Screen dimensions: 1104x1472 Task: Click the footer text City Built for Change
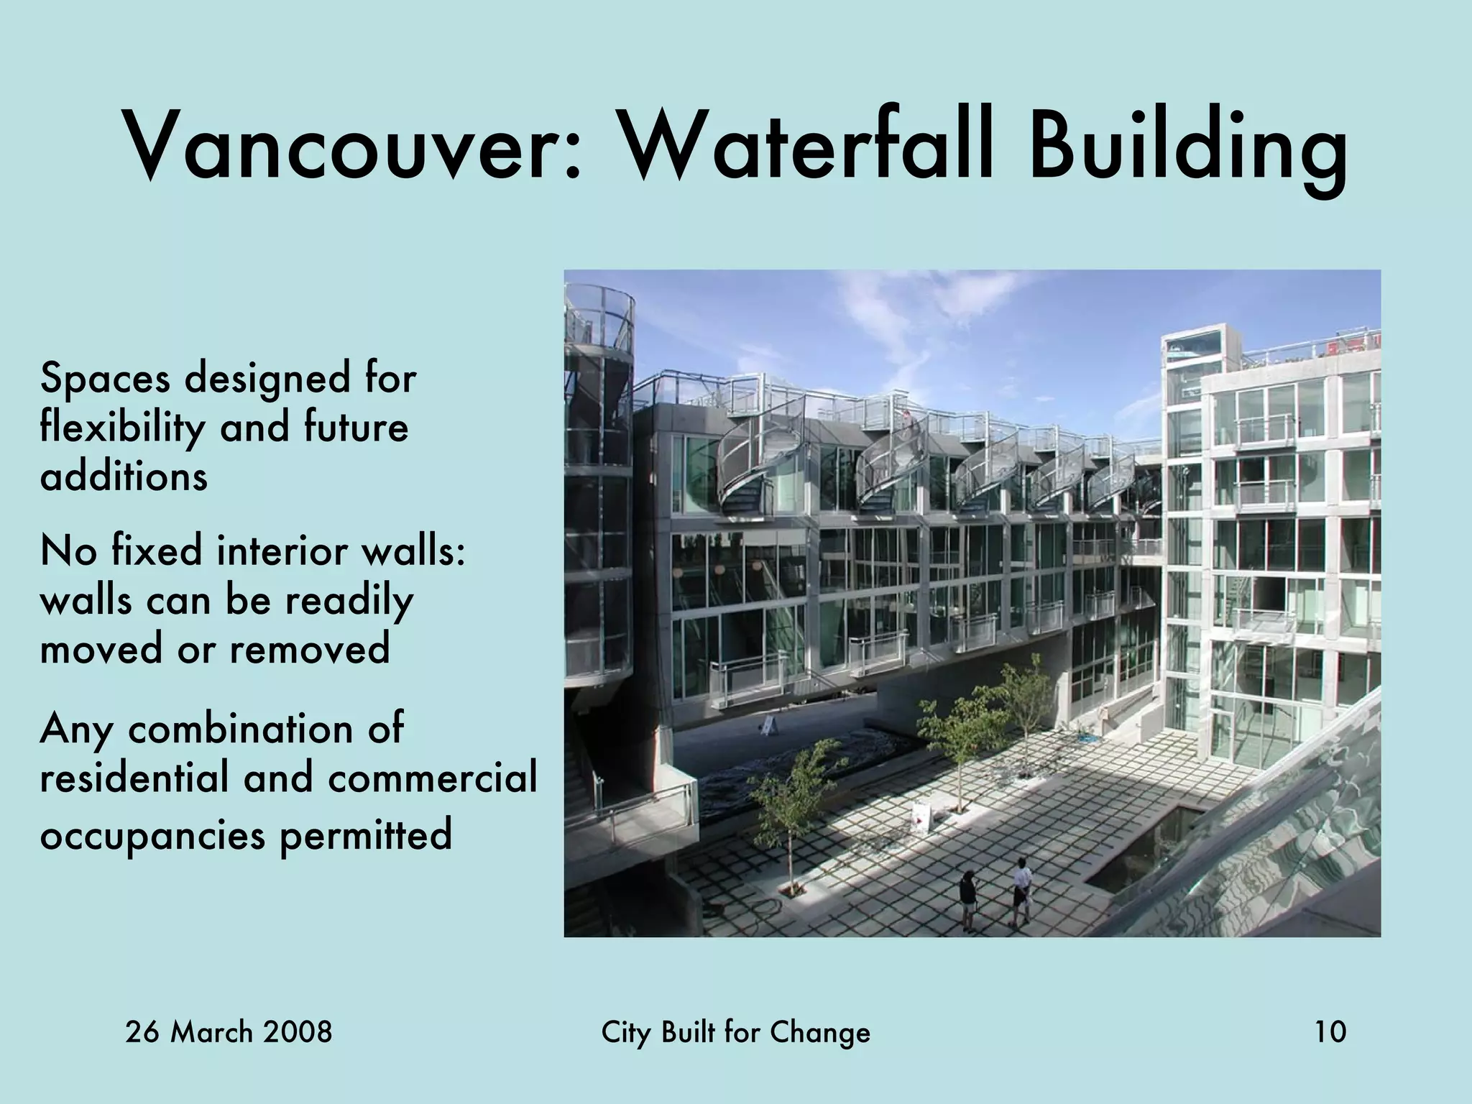(735, 1033)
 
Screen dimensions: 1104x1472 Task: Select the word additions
(124, 476)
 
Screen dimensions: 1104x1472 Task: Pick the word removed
(310, 648)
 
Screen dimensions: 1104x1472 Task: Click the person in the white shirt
(1021, 891)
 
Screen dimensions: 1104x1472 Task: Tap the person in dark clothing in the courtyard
(968, 898)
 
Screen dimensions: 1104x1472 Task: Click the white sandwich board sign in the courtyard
(921, 816)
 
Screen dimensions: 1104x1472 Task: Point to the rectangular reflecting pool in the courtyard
(1150, 848)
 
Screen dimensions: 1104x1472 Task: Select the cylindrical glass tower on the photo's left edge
(598, 489)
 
